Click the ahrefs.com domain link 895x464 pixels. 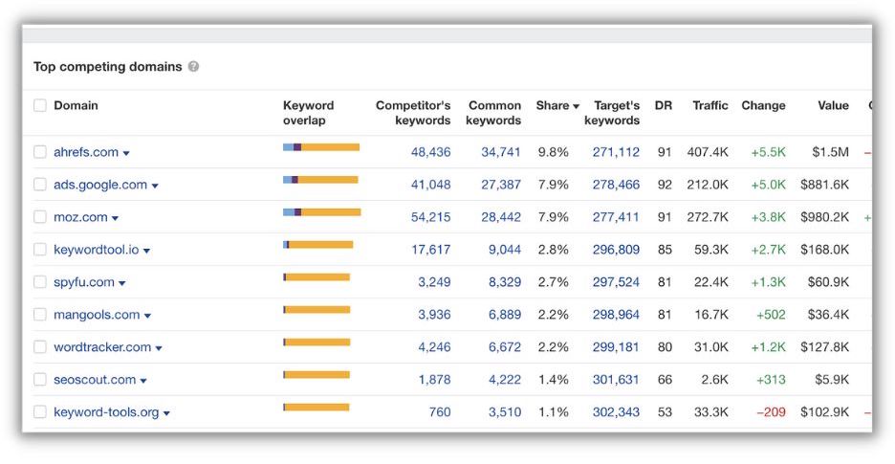[86, 152]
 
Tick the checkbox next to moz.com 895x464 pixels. [40, 217]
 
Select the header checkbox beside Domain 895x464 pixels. [40, 105]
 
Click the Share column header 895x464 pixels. [557, 105]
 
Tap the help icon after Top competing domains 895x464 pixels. [194, 67]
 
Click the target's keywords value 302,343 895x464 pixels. [616, 412]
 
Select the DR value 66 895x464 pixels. [664, 380]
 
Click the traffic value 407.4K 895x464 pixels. [708, 152]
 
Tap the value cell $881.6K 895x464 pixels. [824, 185]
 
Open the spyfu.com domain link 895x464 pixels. [84, 282]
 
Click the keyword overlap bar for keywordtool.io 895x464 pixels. [318, 245]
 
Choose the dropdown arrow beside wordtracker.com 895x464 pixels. [159, 348]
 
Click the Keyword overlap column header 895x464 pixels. [308, 113]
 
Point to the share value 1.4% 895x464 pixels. [553, 380]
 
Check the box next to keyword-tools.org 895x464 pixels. [40, 412]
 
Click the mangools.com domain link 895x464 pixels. [97, 315]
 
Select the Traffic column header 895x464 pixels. [709, 105]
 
